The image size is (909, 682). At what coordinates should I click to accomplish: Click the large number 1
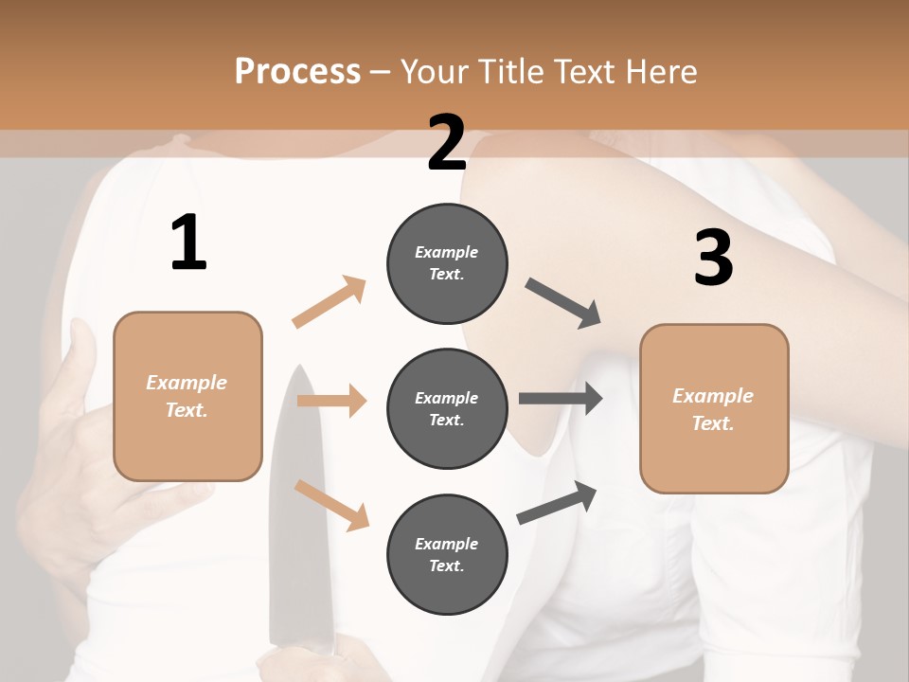pyautogui.click(x=188, y=243)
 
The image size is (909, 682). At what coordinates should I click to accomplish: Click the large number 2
pyautogui.click(x=447, y=143)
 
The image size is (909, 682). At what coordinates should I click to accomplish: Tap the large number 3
pyautogui.click(x=713, y=258)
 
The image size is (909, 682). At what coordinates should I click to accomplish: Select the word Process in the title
pyautogui.click(x=297, y=71)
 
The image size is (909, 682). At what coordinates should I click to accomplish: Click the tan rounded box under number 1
pyautogui.click(x=187, y=396)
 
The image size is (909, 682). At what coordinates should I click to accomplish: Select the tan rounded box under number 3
pyautogui.click(x=714, y=409)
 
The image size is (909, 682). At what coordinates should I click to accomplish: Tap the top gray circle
pyautogui.click(x=447, y=263)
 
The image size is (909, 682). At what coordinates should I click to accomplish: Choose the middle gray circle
pyautogui.click(x=447, y=409)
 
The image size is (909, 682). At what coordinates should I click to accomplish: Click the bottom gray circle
pyautogui.click(x=447, y=555)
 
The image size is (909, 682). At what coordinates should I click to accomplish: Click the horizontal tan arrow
pyautogui.click(x=332, y=401)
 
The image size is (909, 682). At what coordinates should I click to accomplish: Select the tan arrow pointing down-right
pyautogui.click(x=332, y=505)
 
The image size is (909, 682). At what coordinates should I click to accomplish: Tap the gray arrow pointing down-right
pyautogui.click(x=564, y=303)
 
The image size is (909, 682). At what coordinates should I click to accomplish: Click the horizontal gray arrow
pyautogui.click(x=561, y=399)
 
